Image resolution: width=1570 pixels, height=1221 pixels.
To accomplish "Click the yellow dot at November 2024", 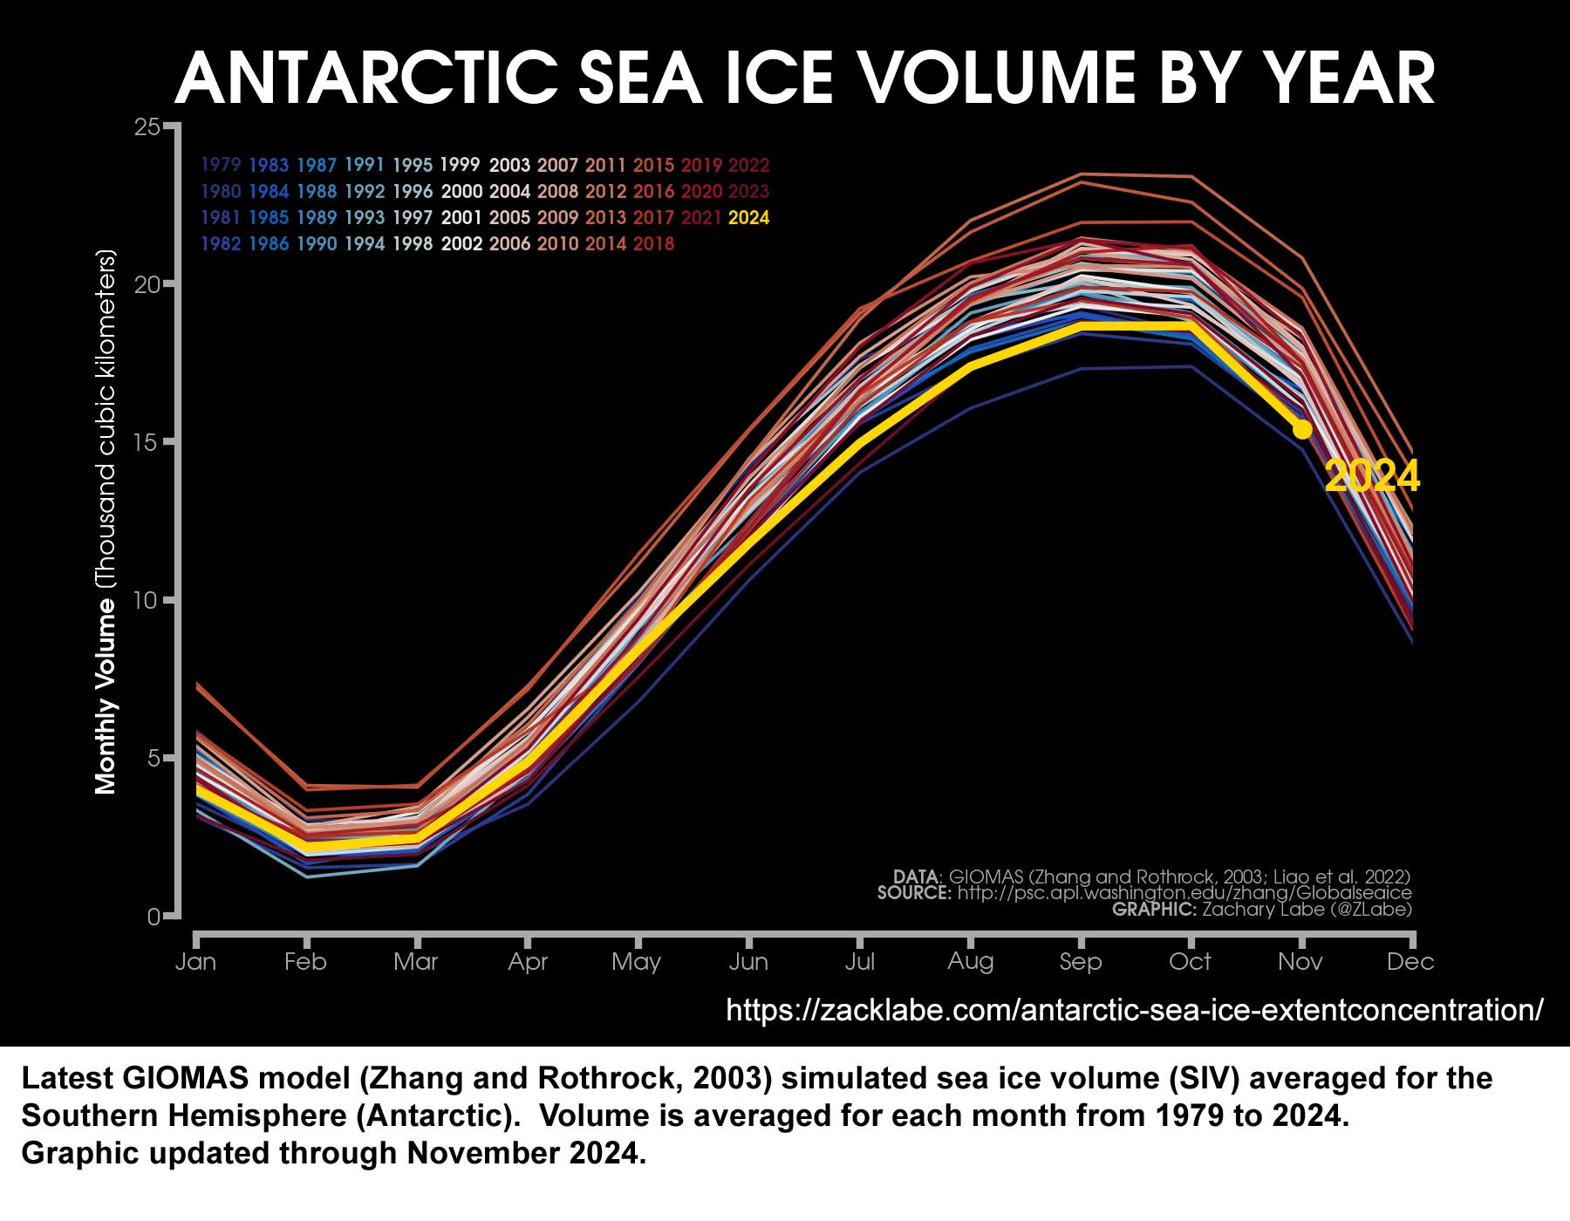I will (x=1301, y=429).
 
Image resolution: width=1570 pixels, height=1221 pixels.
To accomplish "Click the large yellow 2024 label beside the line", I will (x=1371, y=476).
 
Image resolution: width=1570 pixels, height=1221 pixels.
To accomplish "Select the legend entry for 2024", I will (x=748, y=218).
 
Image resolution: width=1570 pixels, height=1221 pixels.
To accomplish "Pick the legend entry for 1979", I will (x=221, y=165).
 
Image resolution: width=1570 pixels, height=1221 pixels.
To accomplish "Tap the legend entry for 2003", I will (x=509, y=165).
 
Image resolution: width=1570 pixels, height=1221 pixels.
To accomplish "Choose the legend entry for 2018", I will (x=653, y=244).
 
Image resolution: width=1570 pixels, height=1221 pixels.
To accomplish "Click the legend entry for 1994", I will (x=365, y=244).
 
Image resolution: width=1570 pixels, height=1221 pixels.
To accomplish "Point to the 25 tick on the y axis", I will (x=147, y=127).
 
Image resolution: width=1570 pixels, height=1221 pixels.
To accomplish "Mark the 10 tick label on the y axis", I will (x=147, y=601).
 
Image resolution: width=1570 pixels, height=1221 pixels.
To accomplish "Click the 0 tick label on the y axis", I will (x=154, y=917).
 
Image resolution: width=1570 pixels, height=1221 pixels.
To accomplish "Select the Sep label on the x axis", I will (x=1081, y=962).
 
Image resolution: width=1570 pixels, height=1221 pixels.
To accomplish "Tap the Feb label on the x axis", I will (x=305, y=962).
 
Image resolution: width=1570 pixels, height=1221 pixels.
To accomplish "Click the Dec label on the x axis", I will (x=1410, y=962).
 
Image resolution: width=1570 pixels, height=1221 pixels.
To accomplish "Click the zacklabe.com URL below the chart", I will (x=1134, y=1010).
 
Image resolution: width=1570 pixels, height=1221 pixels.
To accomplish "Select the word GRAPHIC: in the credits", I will (x=1154, y=910).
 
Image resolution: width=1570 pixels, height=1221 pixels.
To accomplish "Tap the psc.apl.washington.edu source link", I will (x=1184, y=893).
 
